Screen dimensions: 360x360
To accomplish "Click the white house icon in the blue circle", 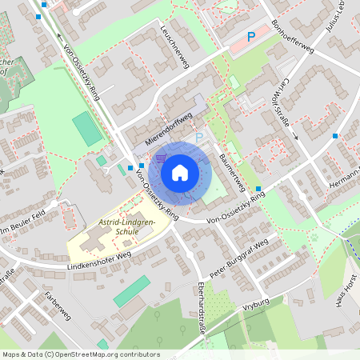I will [x=179, y=171].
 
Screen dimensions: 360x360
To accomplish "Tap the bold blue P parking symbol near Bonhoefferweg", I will [x=250, y=36].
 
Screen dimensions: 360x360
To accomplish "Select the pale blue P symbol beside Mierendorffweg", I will [x=199, y=138].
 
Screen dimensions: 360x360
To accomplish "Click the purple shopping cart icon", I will [x=162, y=157].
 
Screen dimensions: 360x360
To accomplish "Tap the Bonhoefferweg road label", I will [x=291, y=36].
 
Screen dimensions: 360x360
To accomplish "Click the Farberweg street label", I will [x=58, y=305].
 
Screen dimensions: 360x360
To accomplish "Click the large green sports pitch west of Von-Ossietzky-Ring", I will [x=87, y=128].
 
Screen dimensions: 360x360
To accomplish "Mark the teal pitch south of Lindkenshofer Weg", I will [x=131, y=291].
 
